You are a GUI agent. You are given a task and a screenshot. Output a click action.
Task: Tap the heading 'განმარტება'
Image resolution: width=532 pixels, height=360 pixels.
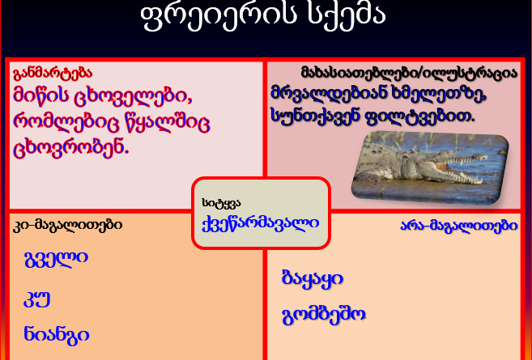coord(53,74)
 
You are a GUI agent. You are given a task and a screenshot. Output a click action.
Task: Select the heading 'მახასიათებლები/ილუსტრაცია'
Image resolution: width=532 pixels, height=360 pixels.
coord(409,73)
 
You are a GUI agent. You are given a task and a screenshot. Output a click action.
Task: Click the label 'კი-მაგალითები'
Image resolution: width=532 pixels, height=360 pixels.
coord(67,225)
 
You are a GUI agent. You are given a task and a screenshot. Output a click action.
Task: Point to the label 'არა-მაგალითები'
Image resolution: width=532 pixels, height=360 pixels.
coord(459,225)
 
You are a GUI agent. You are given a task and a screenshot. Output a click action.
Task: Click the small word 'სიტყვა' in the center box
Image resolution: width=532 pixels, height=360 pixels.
coord(221,203)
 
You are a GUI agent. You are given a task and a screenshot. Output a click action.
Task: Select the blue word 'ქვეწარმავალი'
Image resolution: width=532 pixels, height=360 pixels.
coord(261,223)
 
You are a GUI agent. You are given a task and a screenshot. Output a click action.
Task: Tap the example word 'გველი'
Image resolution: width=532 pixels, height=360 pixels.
coord(56,258)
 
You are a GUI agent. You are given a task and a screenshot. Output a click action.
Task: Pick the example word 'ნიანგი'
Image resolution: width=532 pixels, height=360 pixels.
coord(57,336)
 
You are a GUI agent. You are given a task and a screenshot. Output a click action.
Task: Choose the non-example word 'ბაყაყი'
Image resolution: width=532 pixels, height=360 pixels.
coord(313,279)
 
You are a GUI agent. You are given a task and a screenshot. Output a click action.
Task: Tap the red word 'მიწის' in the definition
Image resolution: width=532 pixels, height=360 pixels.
coord(40,96)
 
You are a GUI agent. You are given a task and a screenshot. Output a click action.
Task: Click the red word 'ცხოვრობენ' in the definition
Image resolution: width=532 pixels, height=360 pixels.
coord(71,149)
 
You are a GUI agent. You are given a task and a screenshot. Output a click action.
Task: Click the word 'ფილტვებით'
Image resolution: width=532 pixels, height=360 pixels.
coord(420,116)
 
